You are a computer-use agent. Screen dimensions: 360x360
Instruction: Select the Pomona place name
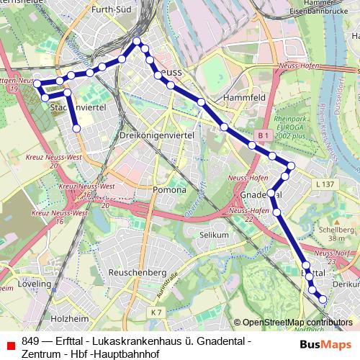[x=169, y=190]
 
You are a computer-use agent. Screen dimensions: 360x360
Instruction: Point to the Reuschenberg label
[x=137, y=273]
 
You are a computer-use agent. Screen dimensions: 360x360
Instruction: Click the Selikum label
[x=214, y=235]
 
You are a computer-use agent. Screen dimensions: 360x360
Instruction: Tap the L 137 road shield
[x=325, y=185]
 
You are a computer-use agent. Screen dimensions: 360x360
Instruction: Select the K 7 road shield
[x=157, y=312]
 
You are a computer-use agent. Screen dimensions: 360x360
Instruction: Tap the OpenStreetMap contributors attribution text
[x=297, y=323]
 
